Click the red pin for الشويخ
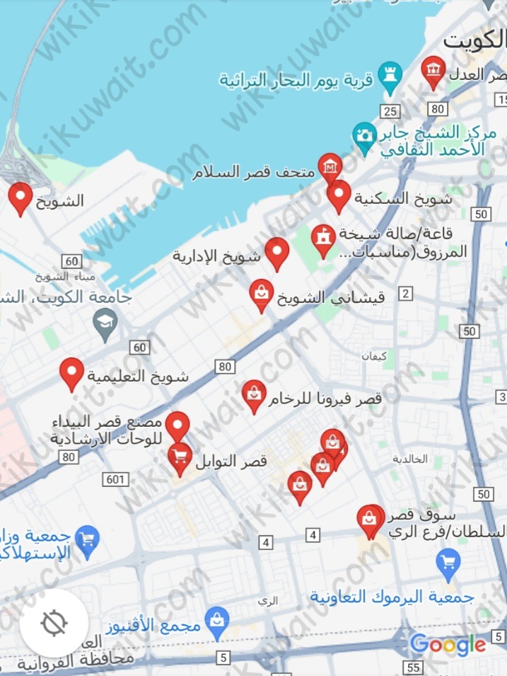point(21,197)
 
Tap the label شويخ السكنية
point(402,198)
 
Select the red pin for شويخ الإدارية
point(276,253)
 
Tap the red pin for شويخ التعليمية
point(71,372)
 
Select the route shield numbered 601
point(115,480)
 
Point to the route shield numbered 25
point(389,110)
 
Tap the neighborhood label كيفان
point(374,357)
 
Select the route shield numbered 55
point(414,668)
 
